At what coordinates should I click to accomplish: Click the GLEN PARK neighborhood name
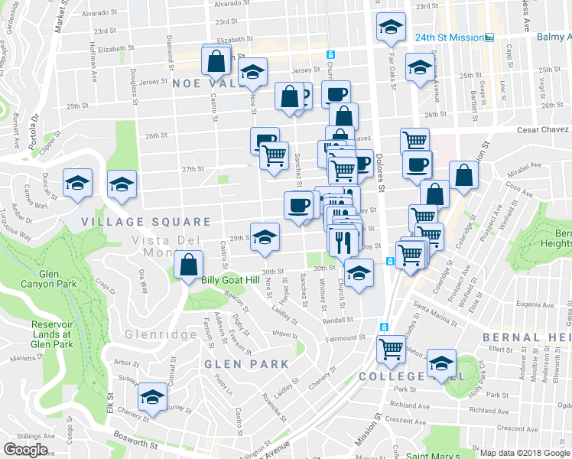(235, 364)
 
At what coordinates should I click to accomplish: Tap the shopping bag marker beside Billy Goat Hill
(188, 266)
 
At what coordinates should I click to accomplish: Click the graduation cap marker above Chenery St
(152, 397)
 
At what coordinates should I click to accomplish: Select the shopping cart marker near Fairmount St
(392, 349)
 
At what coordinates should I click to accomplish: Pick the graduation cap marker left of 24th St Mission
(391, 28)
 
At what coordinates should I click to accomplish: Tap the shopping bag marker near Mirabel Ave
(463, 175)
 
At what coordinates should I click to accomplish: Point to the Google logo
(25, 450)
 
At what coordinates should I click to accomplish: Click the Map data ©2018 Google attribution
(524, 453)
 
